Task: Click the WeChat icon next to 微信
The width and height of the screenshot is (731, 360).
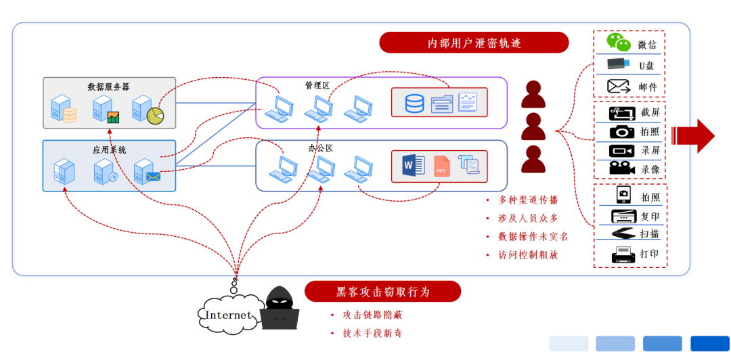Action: [619, 43]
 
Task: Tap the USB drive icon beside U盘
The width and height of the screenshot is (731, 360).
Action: [617, 65]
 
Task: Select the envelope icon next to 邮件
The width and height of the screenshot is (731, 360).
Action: [619, 86]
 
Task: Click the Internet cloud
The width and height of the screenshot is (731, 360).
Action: [228, 315]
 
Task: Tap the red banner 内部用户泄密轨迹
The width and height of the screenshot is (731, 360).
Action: [474, 43]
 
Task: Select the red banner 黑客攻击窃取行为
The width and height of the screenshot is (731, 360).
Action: [382, 292]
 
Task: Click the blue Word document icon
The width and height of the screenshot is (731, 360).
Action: [412, 166]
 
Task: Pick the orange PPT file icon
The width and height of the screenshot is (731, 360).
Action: [441, 166]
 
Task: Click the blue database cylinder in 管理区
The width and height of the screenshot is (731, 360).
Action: [414, 103]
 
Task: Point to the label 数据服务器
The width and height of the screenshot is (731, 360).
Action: [108, 87]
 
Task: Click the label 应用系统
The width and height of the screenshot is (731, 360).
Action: [109, 150]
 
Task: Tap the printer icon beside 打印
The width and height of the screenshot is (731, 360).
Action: [622, 254]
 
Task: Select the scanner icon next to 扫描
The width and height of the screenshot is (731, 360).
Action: [622, 234]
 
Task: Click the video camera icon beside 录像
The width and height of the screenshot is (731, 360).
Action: [621, 168]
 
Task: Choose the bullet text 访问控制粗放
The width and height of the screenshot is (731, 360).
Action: [533, 255]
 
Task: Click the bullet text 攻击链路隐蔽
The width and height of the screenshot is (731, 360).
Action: [373, 315]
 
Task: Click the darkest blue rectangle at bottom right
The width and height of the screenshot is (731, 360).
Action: [709, 344]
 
